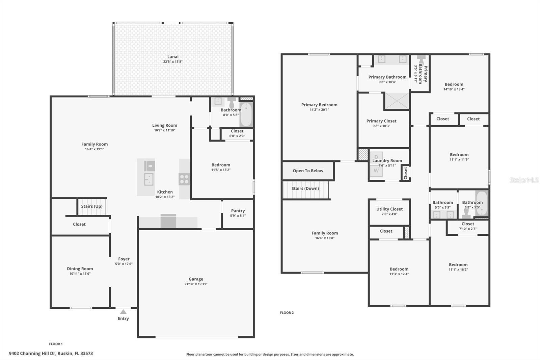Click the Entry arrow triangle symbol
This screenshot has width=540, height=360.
click(x=123, y=312)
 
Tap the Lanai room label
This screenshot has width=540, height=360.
click(x=173, y=57)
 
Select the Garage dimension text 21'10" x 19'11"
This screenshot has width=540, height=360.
click(x=196, y=284)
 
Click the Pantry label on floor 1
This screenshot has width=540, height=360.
click(x=238, y=211)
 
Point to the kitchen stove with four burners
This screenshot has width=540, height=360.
click(x=184, y=179)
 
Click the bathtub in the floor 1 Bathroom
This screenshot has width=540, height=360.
click(x=246, y=115)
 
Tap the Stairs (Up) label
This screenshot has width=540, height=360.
click(x=92, y=206)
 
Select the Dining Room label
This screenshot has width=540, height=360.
click(x=80, y=269)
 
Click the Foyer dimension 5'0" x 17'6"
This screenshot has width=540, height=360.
click(x=124, y=264)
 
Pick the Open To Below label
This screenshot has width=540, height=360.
click(x=308, y=171)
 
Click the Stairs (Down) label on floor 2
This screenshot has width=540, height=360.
click(x=305, y=188)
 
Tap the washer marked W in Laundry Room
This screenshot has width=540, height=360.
click(x=376, y=171)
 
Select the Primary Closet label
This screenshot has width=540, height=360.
click(x=381, y=121)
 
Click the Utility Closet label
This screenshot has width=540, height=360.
click(x=389, y=209)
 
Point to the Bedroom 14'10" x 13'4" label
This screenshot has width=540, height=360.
click(x=454, y=84)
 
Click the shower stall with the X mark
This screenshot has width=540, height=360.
click(x=397, y=101)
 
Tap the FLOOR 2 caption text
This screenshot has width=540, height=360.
click(x=287, y=313)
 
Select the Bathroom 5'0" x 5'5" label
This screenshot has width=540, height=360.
click(x=442, y=203)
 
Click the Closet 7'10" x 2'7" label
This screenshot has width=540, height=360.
click(x=468, y=224)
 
